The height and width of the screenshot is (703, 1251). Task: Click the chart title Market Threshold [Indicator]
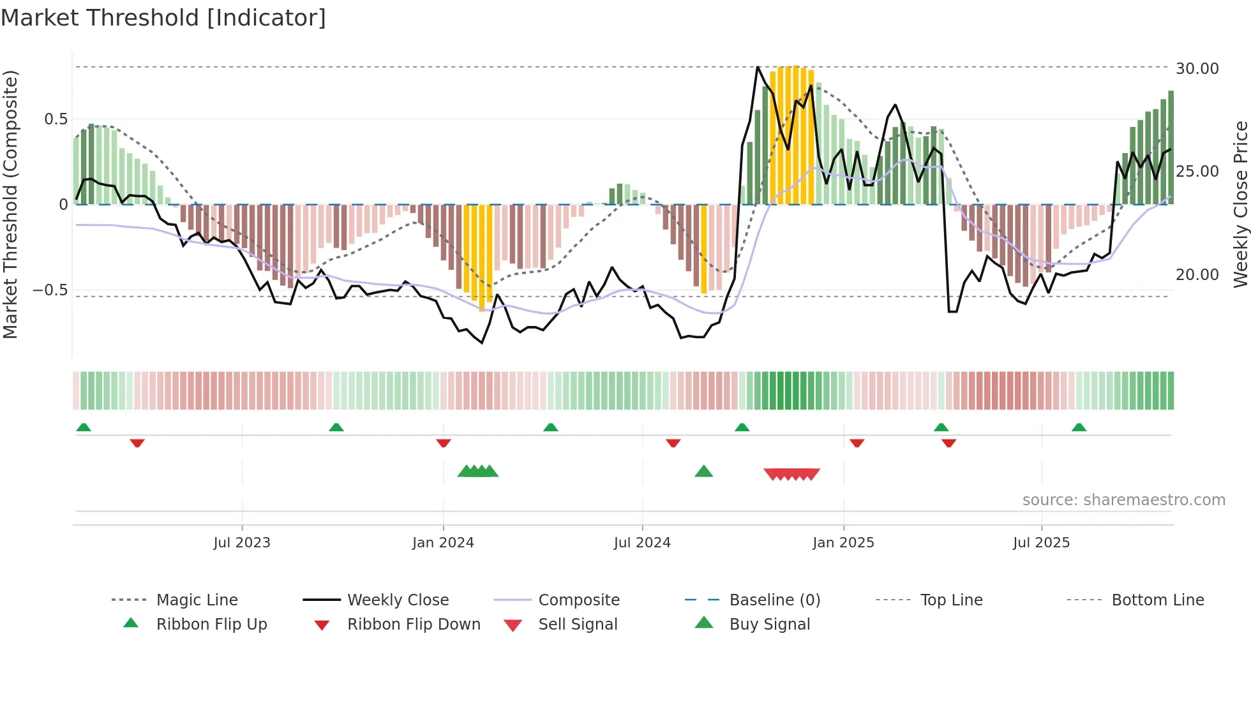coord(163,18)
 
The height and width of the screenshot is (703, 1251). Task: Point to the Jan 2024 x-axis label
coord(443,543)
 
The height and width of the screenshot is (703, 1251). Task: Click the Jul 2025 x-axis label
coord(1041,543)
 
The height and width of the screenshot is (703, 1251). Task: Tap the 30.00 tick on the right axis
coord(1197,69)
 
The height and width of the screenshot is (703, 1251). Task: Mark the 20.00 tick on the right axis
coord(1197,275)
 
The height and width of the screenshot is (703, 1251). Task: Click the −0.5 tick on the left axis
coord(50,290)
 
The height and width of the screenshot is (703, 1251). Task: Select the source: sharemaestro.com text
coord(1123,500)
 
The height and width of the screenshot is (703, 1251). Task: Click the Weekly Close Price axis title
coord(1240,204)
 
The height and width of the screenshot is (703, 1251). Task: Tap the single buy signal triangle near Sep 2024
coord(703,471)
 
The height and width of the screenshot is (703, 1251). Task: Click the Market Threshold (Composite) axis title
coord(10,204)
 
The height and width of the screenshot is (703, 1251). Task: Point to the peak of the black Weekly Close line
coord(758,67)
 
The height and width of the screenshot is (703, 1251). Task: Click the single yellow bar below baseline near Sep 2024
coord(704,249)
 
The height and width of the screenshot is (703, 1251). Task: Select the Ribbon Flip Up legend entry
coord(211,625)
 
